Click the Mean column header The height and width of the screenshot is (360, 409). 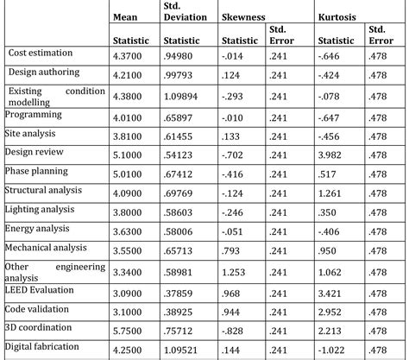[127, 16]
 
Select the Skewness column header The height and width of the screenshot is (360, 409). [242, 16]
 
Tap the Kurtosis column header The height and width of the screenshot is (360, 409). [337, 16]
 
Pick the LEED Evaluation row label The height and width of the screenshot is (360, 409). [41, 290]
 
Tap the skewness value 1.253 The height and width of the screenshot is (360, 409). [236, 271]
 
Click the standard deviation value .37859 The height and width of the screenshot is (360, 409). [180, 290]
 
